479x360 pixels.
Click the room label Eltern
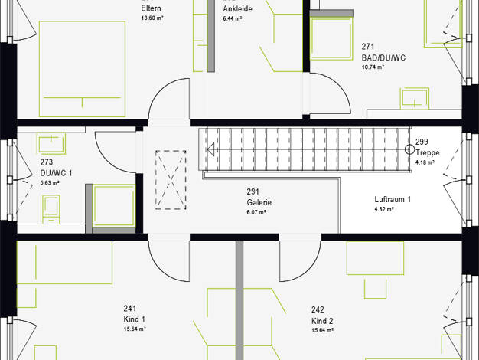coord(151,8)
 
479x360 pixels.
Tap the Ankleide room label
coord(238,9)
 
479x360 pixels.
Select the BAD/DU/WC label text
coord(383,57)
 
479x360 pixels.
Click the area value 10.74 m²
coord(373,67)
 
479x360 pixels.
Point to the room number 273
coord(47,162)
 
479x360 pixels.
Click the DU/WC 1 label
coord(56,173)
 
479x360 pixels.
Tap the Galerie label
coord(259,202)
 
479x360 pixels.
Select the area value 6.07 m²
coord(256,211)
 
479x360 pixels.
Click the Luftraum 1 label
coord(393,199)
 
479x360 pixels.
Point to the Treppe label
coord(428,152)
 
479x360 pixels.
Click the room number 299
coord(422,142)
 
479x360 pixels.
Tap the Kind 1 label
coord(134,319)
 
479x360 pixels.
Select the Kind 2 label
coord(322,321)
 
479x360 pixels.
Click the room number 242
coord(318,310)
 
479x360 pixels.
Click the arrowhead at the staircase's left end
coord(210,149)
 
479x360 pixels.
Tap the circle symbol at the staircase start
coord(409,149)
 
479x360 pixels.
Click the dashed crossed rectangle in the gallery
coord(171,179)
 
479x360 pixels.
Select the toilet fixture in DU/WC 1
coord(51,209)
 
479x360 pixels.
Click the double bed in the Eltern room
coord(82,69)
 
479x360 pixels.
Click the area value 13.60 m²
coord(152,18)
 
